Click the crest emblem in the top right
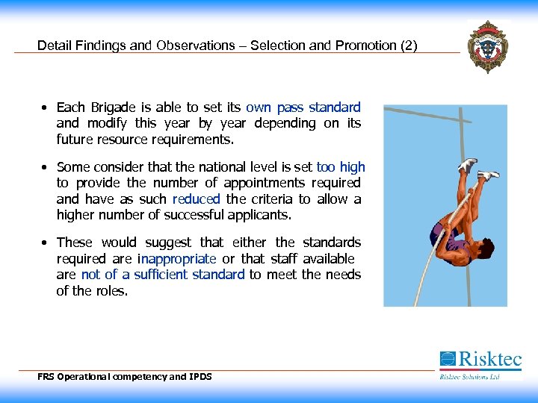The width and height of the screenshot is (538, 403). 487,46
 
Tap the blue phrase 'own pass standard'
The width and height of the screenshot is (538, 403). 303,107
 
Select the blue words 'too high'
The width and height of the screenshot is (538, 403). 341,167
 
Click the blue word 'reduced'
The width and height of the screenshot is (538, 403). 196,199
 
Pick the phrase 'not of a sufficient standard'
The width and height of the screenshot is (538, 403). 163,275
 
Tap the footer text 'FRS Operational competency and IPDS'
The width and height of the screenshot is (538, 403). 125,377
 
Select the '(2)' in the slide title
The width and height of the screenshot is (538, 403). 409,46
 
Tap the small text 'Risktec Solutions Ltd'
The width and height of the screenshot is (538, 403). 469,377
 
